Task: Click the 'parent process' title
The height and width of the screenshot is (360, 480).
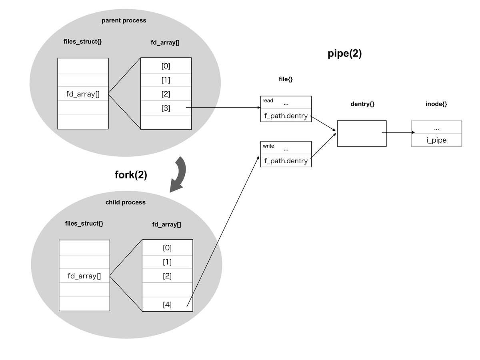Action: [124, 20]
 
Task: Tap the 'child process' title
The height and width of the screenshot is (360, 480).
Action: [125, 202]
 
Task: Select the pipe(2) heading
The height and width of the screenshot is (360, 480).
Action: [345, 54]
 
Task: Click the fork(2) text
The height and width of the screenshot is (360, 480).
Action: [131, 175]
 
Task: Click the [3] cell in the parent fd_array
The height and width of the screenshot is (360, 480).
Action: [166, 108]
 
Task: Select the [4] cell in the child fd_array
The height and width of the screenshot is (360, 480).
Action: [167, 304]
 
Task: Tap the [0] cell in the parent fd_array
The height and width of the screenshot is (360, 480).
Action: [166, 66]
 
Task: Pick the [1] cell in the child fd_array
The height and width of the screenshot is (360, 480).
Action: [167, 262]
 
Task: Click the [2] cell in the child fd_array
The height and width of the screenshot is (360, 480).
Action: [167, 276]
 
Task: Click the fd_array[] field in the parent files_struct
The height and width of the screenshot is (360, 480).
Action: [83, 94]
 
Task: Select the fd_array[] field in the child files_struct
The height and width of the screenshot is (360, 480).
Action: [84, 276]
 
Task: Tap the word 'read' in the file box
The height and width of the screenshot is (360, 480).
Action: [268, 100]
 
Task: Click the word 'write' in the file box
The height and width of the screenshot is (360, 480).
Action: [268, 146]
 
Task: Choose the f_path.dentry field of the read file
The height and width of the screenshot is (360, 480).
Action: [286, 116]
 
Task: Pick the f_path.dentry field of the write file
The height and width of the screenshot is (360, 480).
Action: [286, 161]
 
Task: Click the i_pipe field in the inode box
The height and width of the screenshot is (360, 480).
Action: [436, 140]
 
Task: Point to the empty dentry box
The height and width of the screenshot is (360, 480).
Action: [362, 134]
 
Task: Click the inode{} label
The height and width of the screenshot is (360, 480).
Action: [436, 104]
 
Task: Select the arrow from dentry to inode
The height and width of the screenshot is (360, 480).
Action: [398, 132]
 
